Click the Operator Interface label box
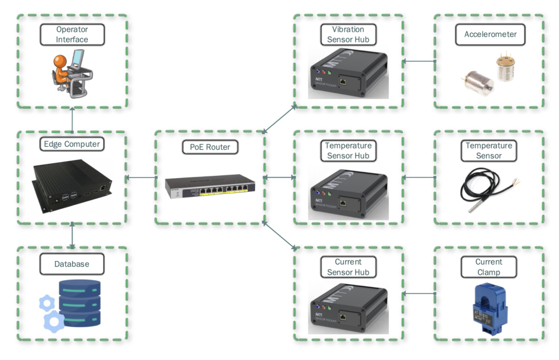pos(72,34)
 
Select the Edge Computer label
pos(72,144)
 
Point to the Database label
pos(72,264)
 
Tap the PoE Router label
pos(210,147)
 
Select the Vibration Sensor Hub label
pos(348,34)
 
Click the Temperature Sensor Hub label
pos(348,151)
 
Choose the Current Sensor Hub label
pos(348,267)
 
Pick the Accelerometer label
pos(490,34)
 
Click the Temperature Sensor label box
pos(489,151)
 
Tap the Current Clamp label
pos(489,267)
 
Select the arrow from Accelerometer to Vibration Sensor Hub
pos(419,61)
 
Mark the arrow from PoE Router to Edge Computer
pos(141,177)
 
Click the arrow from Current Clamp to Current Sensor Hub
pos(419,293)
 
